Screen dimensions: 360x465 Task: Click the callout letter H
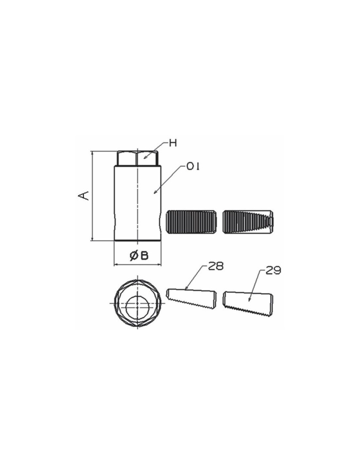(x=173, y=143)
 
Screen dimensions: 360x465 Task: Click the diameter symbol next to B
(x=134, y=255)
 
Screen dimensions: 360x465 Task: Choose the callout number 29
(x=273, y=271)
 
